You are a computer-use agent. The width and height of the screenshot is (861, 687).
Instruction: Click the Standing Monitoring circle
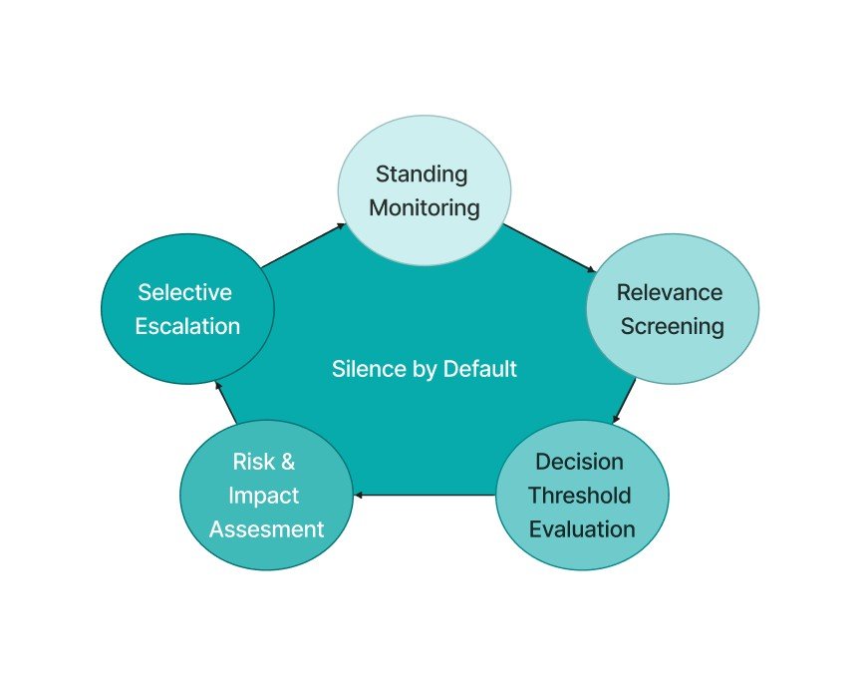(425, 190)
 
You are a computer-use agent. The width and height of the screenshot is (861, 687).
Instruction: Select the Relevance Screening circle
(672, 309)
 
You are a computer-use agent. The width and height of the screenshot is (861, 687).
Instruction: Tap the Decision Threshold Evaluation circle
(582, 495)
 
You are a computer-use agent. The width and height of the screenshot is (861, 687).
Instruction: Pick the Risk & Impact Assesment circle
(266, 495)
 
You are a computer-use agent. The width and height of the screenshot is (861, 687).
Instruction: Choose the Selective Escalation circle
(187, 309)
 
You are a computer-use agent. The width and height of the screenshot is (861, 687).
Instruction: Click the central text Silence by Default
(425, 369)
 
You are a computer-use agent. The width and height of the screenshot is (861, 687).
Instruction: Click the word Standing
(422, 173)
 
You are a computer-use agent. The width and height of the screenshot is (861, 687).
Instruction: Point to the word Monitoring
(425, 208)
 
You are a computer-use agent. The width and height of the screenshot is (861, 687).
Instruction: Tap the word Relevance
(670, 292)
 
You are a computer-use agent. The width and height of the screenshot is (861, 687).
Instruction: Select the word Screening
(673, 327)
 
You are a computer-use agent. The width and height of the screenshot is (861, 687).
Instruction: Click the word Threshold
(580, 496)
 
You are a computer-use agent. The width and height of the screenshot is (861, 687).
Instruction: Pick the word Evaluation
(582, 528)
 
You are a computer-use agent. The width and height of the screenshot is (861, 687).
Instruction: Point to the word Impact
(264, 496)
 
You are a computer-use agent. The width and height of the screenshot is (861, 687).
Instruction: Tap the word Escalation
(188, 327)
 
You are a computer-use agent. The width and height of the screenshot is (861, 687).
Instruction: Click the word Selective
(185, 292)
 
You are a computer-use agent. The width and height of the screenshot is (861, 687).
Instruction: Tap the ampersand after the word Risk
(288, 462)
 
